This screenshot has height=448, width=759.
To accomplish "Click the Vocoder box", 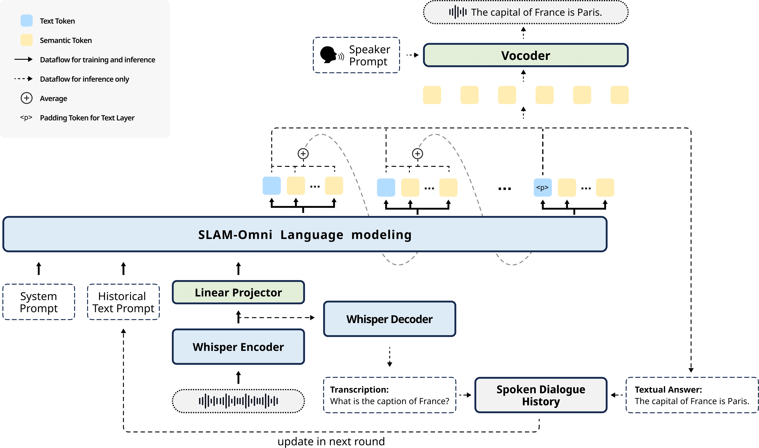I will coord(525,55).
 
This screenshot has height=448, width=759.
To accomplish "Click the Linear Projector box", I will coord(238,292).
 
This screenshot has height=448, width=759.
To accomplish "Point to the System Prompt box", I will coord(39,302).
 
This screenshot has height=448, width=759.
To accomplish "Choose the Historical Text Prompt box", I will coord(123,302).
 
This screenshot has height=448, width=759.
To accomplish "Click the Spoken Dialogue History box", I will coord(540,395).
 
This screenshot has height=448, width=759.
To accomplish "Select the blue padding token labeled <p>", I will coord(542,188).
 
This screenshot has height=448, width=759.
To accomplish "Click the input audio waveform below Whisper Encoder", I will coord(238,401).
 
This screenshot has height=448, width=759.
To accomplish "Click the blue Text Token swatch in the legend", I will coord(27,20).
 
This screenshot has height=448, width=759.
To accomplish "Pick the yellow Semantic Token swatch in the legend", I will coord(27,40).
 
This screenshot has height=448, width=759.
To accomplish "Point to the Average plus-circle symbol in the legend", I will coord(27,98).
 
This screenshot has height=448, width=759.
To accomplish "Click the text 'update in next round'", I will coord(331,441).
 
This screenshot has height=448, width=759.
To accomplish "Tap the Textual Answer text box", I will coord(691,395).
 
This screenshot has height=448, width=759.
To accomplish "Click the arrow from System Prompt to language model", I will coord(39,268).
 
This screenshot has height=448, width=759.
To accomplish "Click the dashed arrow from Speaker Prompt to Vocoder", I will coord(412,55).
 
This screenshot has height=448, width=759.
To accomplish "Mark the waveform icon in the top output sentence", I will coord(458,12).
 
